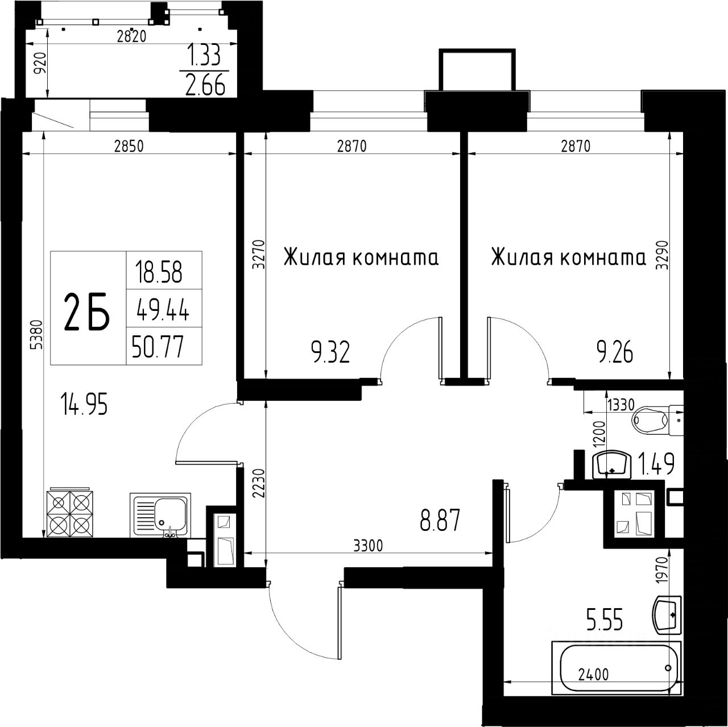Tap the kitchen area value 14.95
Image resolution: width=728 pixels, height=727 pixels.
(x=84, y=404)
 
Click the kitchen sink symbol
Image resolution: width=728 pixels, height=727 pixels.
(x=160, y=515)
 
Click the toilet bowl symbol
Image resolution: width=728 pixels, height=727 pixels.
(x=657, y=420)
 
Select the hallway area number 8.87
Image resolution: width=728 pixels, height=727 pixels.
(x=440, y=520)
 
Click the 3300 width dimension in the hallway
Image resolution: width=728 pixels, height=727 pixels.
(x=368, y=545)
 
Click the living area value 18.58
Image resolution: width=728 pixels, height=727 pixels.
(x=159, y=272)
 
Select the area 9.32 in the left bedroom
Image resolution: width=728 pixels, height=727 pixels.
(x=330, y=352)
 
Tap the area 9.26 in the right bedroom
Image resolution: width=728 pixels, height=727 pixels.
(x=615, y=352)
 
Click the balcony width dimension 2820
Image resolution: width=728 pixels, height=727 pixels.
(x=131, y=36)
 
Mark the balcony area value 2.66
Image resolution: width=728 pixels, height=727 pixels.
(x=205, y=85)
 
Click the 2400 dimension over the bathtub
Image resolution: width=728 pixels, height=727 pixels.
(x=594, y=674)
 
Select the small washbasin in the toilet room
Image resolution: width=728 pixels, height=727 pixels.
(x=612, y=464)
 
